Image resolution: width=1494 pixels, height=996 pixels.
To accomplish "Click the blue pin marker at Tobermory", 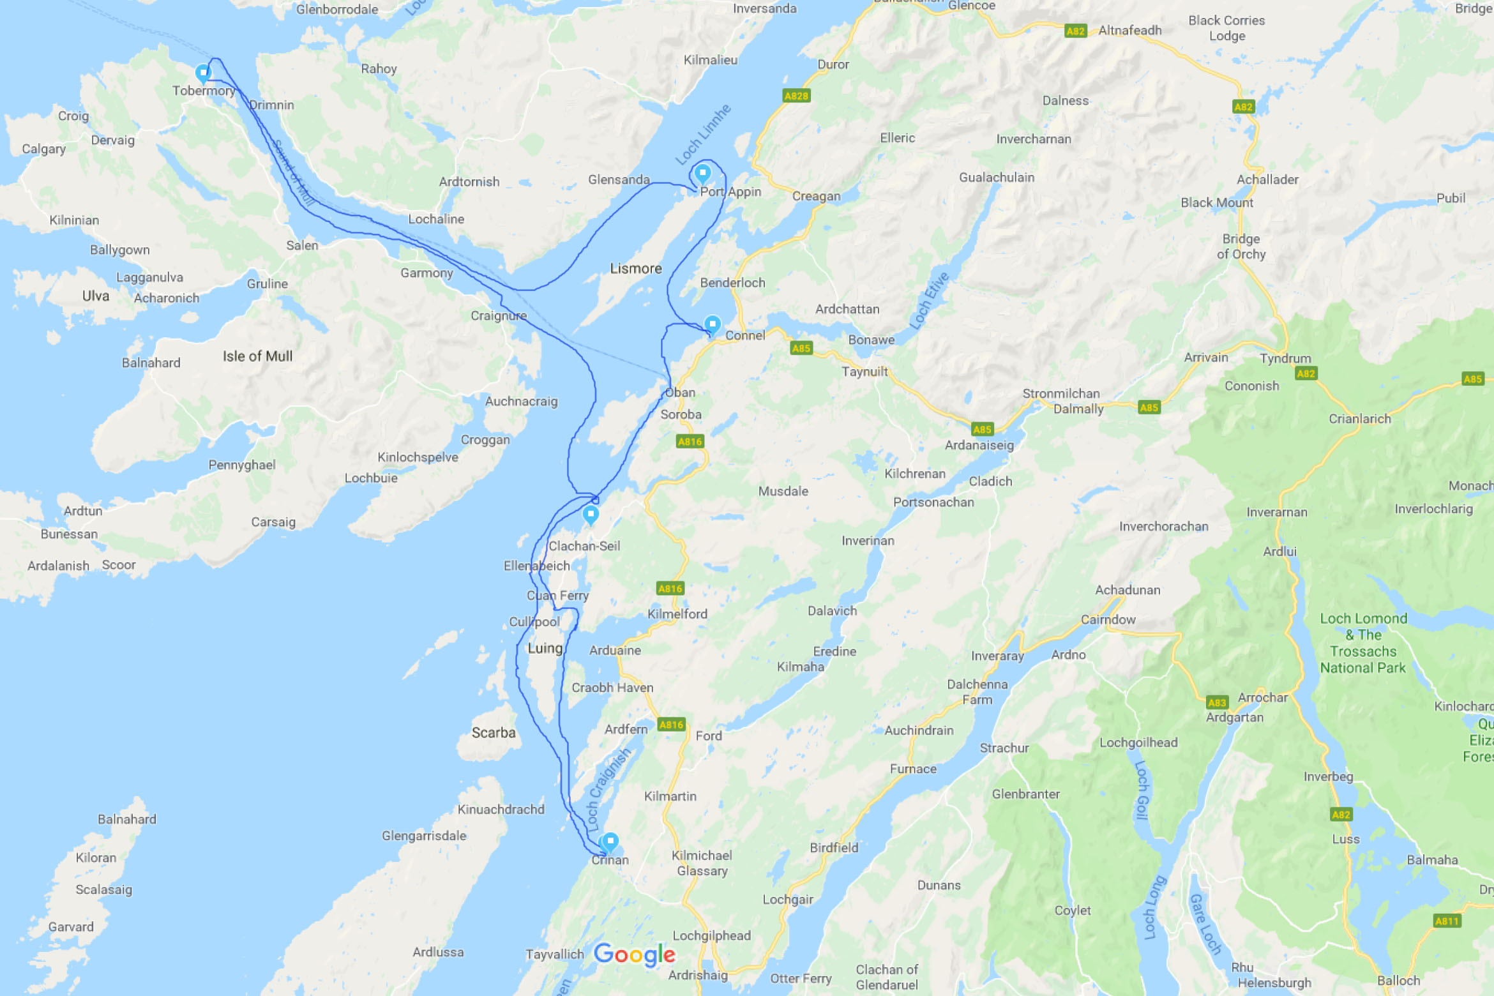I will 203,72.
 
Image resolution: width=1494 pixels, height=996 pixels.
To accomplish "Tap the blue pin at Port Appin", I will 702,172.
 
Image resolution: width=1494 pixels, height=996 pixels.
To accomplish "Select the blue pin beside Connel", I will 713,324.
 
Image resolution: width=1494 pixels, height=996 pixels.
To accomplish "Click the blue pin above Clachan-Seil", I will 591,514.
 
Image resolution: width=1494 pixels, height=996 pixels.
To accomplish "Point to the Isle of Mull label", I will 257,356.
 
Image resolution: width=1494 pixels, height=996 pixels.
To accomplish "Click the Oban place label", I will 680,393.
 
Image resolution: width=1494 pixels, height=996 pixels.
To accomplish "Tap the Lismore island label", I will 636,269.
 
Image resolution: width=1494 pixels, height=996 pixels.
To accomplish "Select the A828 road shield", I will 796,96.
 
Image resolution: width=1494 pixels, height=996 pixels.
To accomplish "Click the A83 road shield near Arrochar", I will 1217,702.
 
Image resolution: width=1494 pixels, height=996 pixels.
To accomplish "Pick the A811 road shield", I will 1447,921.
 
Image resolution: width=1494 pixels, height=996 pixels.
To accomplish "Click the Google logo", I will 634,954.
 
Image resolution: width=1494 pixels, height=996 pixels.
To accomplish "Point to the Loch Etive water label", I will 929,301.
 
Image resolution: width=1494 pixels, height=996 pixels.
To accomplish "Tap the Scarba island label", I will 494,732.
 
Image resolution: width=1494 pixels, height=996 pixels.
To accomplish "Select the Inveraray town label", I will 997,656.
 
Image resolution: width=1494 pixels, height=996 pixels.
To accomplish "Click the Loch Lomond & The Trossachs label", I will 1363,643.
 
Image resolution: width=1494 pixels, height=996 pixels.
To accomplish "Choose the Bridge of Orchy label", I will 1241,246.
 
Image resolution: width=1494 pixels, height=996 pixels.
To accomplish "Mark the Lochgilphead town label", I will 712,935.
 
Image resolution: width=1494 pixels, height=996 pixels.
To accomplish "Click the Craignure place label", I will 499,315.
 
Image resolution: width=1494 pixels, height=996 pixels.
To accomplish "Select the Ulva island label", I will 96,296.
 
